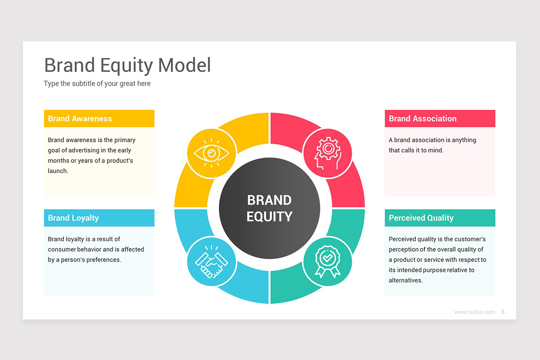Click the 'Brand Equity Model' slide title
point(127,65)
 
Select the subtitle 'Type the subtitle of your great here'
point(97,83)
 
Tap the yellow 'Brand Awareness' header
point(99,118)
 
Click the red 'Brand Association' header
point(440,118)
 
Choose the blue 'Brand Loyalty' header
point(99,218)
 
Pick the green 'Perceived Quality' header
point(440,218)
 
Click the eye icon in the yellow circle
point(211,153)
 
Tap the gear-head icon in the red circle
point(328,153)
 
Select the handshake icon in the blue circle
point(211,261)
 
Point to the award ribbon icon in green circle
point(328,261)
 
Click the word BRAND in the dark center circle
point(269,200)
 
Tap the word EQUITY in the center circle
point(269,216)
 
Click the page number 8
point(503,312)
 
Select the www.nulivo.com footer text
point(474,312)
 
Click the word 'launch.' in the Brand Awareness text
point(58,171)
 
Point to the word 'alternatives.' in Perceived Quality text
point(406,280)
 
